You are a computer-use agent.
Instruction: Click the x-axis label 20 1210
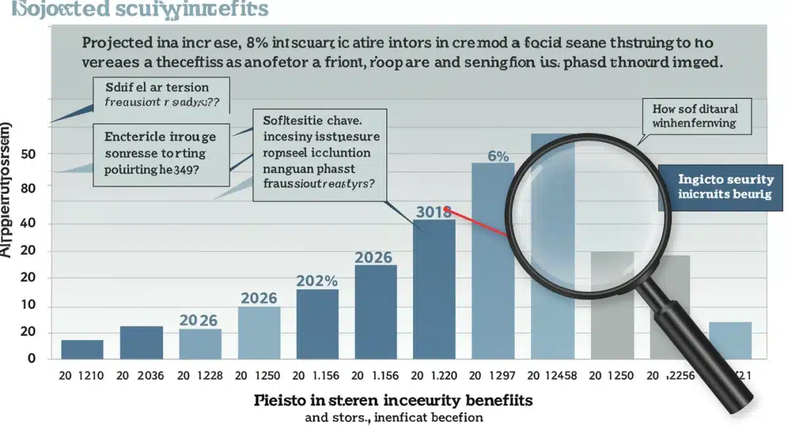pyautogui.click(x=82, y=376)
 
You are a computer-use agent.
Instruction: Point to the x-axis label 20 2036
pyautogui.click(x=141, y=376)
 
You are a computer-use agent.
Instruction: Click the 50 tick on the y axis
pyautogui.click(x=27, y=153)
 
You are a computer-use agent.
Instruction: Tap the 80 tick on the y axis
pyautogui.click(x=27, y=187)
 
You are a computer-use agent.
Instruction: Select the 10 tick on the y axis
pyautogui.click(x=27, y=306)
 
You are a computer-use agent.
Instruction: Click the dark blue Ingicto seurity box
pyautogui.click(x=723, y=187)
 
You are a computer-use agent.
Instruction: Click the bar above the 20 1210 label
pyautogui.click(x=82, y=349)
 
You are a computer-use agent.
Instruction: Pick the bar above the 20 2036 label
pyautogui.click(x=141, y=342)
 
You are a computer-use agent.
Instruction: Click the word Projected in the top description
pyautogui.click(x=120, y=45)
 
